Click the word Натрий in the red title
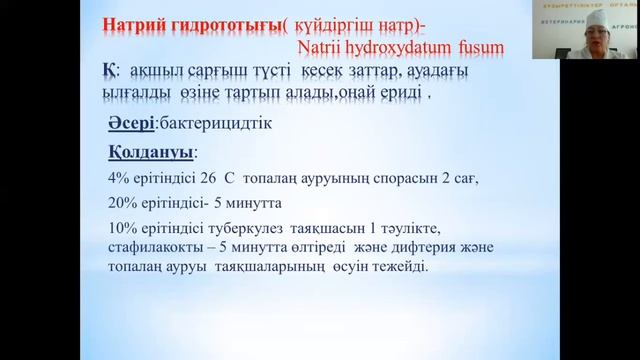pos(132,30)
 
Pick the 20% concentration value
pos(121,203)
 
